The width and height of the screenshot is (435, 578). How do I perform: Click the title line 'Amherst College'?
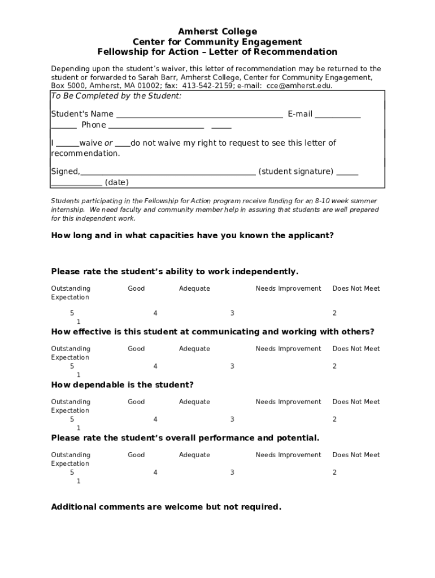(217, 32)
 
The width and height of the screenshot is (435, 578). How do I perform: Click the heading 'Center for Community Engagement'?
(217, 42)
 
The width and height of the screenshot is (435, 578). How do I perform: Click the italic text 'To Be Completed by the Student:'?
(116, 96)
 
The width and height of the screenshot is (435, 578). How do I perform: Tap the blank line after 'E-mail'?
(337, 115)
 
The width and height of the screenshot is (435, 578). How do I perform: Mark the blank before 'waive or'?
(67, 143)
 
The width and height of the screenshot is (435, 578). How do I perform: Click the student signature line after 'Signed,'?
(168, 172)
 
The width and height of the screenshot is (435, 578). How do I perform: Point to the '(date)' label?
(117, 182)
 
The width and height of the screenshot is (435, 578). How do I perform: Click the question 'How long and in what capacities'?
(192, 235)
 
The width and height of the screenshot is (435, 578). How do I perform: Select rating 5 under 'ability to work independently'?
(72, 313)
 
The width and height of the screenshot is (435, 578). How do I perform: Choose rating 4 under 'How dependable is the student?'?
(155, 419)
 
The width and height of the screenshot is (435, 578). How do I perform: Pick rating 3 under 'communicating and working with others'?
(232, 366)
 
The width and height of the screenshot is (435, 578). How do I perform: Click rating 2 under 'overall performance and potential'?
(334, 472)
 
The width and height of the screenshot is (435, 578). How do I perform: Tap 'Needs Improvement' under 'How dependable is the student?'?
(288, 402)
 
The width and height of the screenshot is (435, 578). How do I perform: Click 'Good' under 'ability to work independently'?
(136, 288)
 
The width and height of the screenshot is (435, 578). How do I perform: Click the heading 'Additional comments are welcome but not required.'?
(166, 507)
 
